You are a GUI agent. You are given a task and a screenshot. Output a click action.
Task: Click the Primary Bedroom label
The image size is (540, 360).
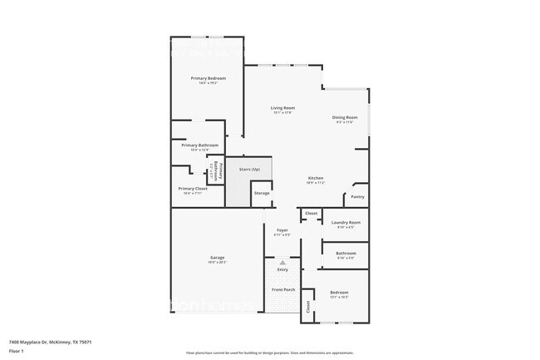pos(208,78)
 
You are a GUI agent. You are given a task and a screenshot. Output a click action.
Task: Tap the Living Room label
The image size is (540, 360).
pos(282,108)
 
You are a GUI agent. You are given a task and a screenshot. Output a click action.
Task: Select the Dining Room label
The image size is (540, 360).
pos(345,117)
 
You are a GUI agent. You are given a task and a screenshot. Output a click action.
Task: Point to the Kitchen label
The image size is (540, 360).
pos(316,179)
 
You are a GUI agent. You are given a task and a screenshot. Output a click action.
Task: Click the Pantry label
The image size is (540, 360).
pos(357,197)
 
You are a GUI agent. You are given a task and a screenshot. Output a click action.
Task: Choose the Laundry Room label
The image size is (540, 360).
pos(345,222)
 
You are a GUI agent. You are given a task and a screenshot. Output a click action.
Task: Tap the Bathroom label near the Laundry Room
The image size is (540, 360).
pos(346,253)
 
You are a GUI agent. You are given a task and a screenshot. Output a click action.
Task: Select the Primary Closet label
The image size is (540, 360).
pos(193,188)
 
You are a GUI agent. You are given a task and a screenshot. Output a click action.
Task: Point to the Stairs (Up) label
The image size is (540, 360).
pos(249,170)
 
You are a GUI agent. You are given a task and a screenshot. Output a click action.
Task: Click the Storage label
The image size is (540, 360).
pos(262,193)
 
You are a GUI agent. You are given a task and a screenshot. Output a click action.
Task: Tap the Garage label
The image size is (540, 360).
pos(217,258)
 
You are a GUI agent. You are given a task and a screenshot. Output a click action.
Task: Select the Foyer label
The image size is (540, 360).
pos(282,231)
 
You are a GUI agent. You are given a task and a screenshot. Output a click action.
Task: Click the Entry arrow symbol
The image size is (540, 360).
pos(282,263)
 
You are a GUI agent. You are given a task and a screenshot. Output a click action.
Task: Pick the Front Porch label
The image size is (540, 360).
pos(283,289)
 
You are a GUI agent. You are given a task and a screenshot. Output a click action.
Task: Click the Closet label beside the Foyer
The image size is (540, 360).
pos(311,214)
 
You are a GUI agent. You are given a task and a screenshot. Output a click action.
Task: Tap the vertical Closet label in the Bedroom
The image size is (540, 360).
pos(307,307)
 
